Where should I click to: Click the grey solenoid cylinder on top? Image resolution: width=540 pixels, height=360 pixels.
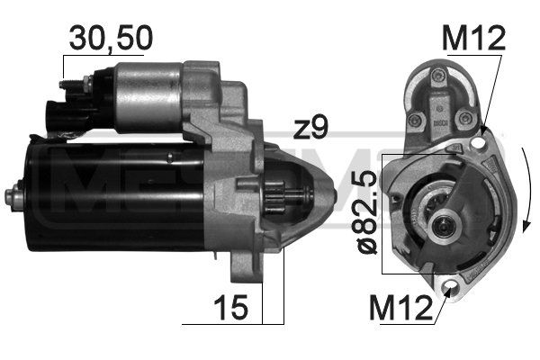click(148, 90)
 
